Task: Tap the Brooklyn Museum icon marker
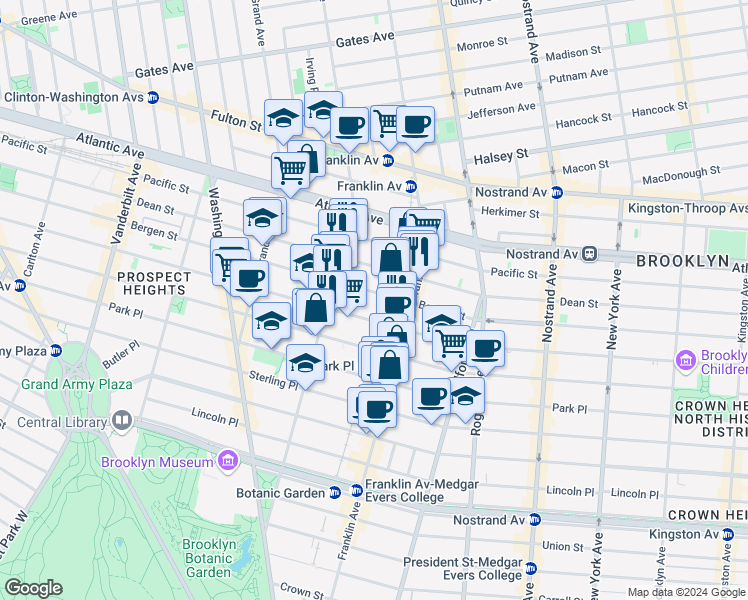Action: click(228, 461)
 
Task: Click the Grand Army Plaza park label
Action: click(91, 384)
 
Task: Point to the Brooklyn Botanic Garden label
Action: click(209, 558)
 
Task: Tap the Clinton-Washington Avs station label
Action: click(74, 97)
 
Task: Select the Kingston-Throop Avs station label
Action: click(686, 208)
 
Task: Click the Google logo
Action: click(33, 588)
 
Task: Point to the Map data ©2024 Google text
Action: click(686, 592)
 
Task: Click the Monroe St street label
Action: click(482, 44)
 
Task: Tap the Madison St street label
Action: click(573, 52)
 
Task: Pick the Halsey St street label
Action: click(506, 156)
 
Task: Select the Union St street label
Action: click(567, 547)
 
